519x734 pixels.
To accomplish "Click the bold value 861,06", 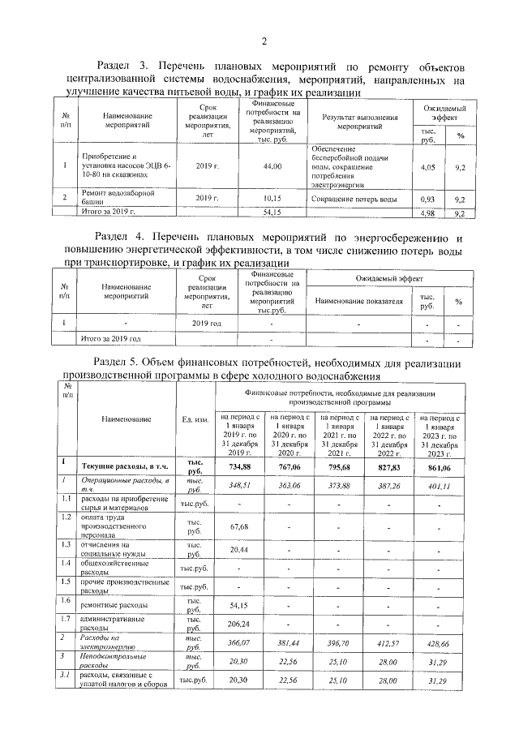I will tap(439, 468).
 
